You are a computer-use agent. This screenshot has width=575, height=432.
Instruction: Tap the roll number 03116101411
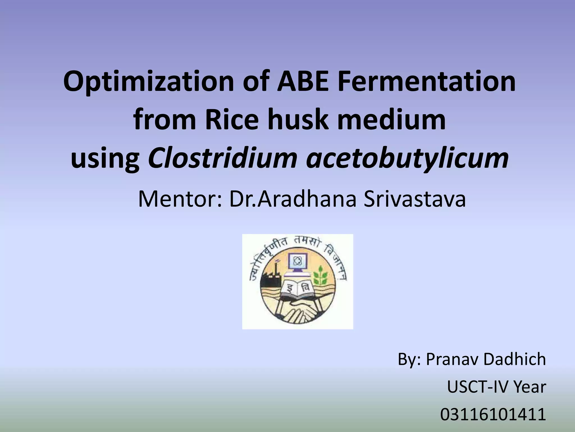click(493, 415)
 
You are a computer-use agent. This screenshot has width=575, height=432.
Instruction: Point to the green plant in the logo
click(320, 276)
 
